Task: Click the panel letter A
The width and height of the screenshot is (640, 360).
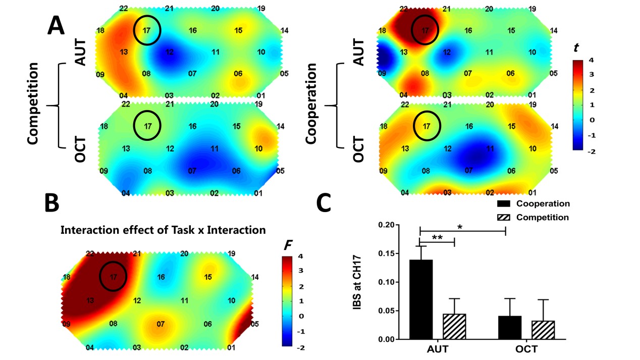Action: tap(56, 25)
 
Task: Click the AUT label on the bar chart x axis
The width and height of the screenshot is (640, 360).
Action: tap(437, 349)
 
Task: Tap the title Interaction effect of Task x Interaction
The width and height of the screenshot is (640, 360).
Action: tap(163, 230)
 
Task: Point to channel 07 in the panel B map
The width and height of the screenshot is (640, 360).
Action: tap(161, 324)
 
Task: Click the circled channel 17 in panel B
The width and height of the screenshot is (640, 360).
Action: tap(113, 276)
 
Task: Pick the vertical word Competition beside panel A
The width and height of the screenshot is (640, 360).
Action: tap(33, 104)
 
